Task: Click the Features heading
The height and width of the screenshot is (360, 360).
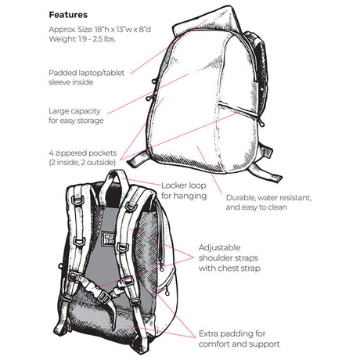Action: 68,15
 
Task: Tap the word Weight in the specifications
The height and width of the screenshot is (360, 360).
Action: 59,39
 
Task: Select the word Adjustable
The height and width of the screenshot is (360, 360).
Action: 219,247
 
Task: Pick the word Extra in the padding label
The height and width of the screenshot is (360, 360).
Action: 208,333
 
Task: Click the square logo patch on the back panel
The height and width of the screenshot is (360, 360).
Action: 109,239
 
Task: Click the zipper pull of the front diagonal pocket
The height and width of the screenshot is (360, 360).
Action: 261,122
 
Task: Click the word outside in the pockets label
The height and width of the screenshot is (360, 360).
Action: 101,163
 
